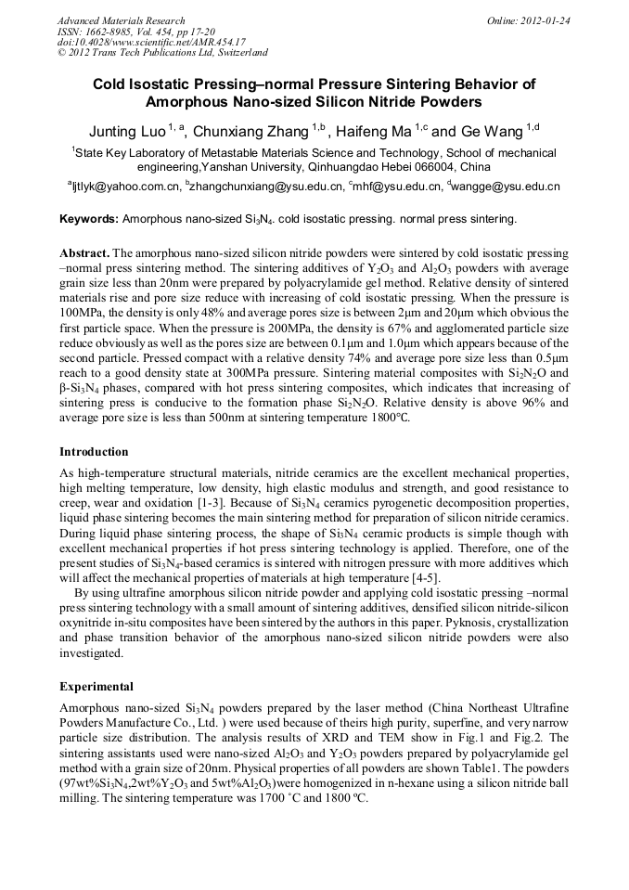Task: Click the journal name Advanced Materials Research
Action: (x=121, y=20)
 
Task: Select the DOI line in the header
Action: (x=151, y=42)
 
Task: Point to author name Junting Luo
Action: (x=127, y=131)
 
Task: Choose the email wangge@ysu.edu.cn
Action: (x=507, y=187)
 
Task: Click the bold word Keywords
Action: (x=88, y=219)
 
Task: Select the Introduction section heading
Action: (x=94, y=452)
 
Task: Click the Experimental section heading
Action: (x=97, y=688)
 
